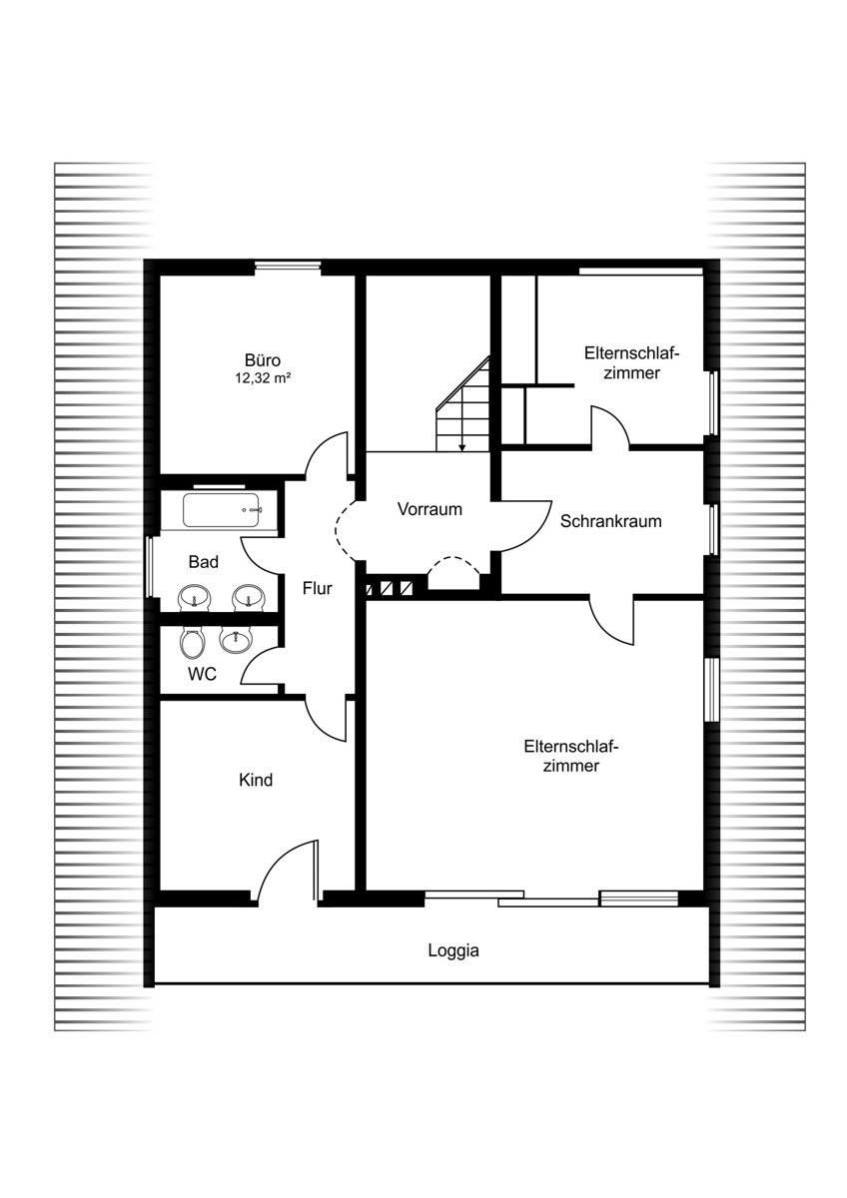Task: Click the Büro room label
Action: tap(262, 359)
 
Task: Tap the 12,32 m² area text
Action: tap(262, 378)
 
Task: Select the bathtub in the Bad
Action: tap(223, 510)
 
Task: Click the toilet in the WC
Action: tap(192, 642)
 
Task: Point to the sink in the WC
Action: tap(235, 640)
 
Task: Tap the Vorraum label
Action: tap(429, 508)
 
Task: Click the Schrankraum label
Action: tap(610, 521)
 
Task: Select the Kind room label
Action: tap(256, 780)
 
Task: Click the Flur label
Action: tap(318, 588)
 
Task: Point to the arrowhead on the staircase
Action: tap(461, 447)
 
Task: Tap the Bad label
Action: tap(204, 561)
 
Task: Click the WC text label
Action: tap(202, 674)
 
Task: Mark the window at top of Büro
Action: tap(288, 265)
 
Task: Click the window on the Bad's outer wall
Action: tap(150, 567)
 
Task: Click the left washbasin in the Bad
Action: tap(194, 596)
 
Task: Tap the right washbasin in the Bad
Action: tap(249, 596)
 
